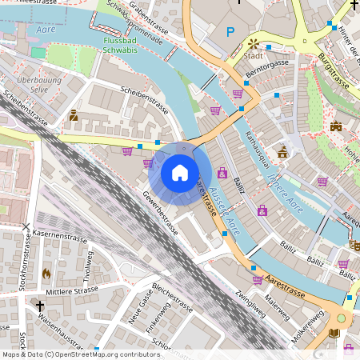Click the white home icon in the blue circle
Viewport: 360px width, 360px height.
click(180, 173)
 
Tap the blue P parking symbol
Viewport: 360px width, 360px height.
click(231, 32)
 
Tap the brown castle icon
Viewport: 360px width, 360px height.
click(336, 126)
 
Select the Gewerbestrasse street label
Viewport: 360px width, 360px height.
click(161, 212)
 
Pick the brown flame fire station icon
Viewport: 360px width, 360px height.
click(46, 273)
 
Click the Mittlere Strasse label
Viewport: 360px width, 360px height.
click(73, 291)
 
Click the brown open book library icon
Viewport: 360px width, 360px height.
click(335, 333)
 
